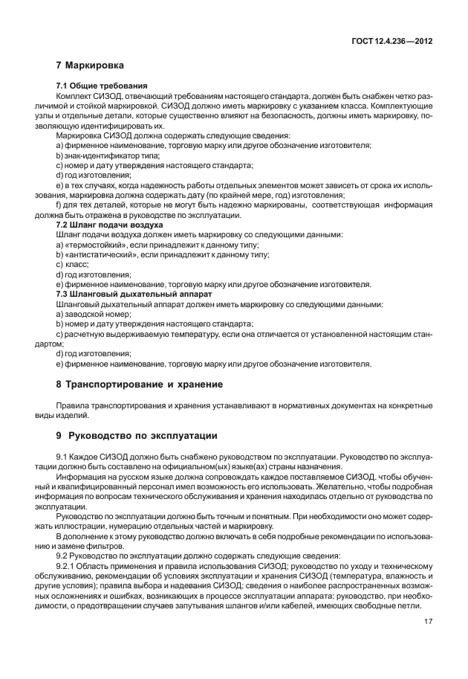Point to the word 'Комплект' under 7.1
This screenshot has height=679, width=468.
pos(74,98)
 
